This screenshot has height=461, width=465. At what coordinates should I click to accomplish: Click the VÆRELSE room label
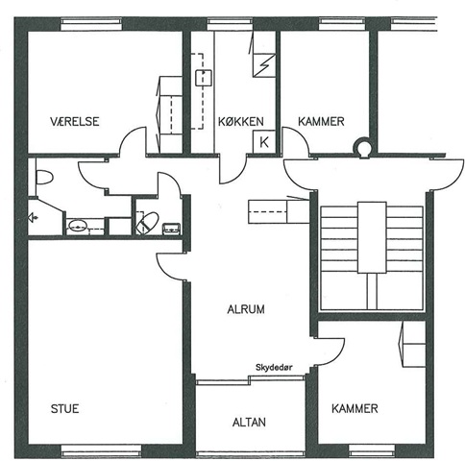pos(75,121)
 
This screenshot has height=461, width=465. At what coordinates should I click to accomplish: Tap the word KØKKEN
pos(241,122)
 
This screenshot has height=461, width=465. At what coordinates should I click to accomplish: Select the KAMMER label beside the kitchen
pos(321,121)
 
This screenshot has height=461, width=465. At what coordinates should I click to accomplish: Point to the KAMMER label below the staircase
pos(355,408)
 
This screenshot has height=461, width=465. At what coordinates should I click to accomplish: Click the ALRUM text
pos(246,309)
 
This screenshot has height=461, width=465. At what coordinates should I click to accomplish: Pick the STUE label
pos(64,409)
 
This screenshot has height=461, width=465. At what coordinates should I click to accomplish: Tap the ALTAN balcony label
pos(249,423)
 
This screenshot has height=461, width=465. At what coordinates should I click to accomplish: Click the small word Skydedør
pos(274,368)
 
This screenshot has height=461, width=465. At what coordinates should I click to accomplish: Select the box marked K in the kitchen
pos(264,141)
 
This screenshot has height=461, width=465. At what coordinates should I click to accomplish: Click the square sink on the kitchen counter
pos(204,78)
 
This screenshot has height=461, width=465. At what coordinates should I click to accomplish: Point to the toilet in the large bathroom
pos(44,177)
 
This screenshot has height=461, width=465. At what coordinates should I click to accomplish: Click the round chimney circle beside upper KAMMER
pos(362,148)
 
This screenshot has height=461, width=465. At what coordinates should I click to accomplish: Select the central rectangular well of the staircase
pos(372,237)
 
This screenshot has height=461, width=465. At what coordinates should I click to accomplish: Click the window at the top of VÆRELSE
pos(91,24)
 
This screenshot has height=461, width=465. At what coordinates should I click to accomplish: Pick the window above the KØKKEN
pos(230,24)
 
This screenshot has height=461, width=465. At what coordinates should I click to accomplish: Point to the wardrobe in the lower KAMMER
pos(414,344)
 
